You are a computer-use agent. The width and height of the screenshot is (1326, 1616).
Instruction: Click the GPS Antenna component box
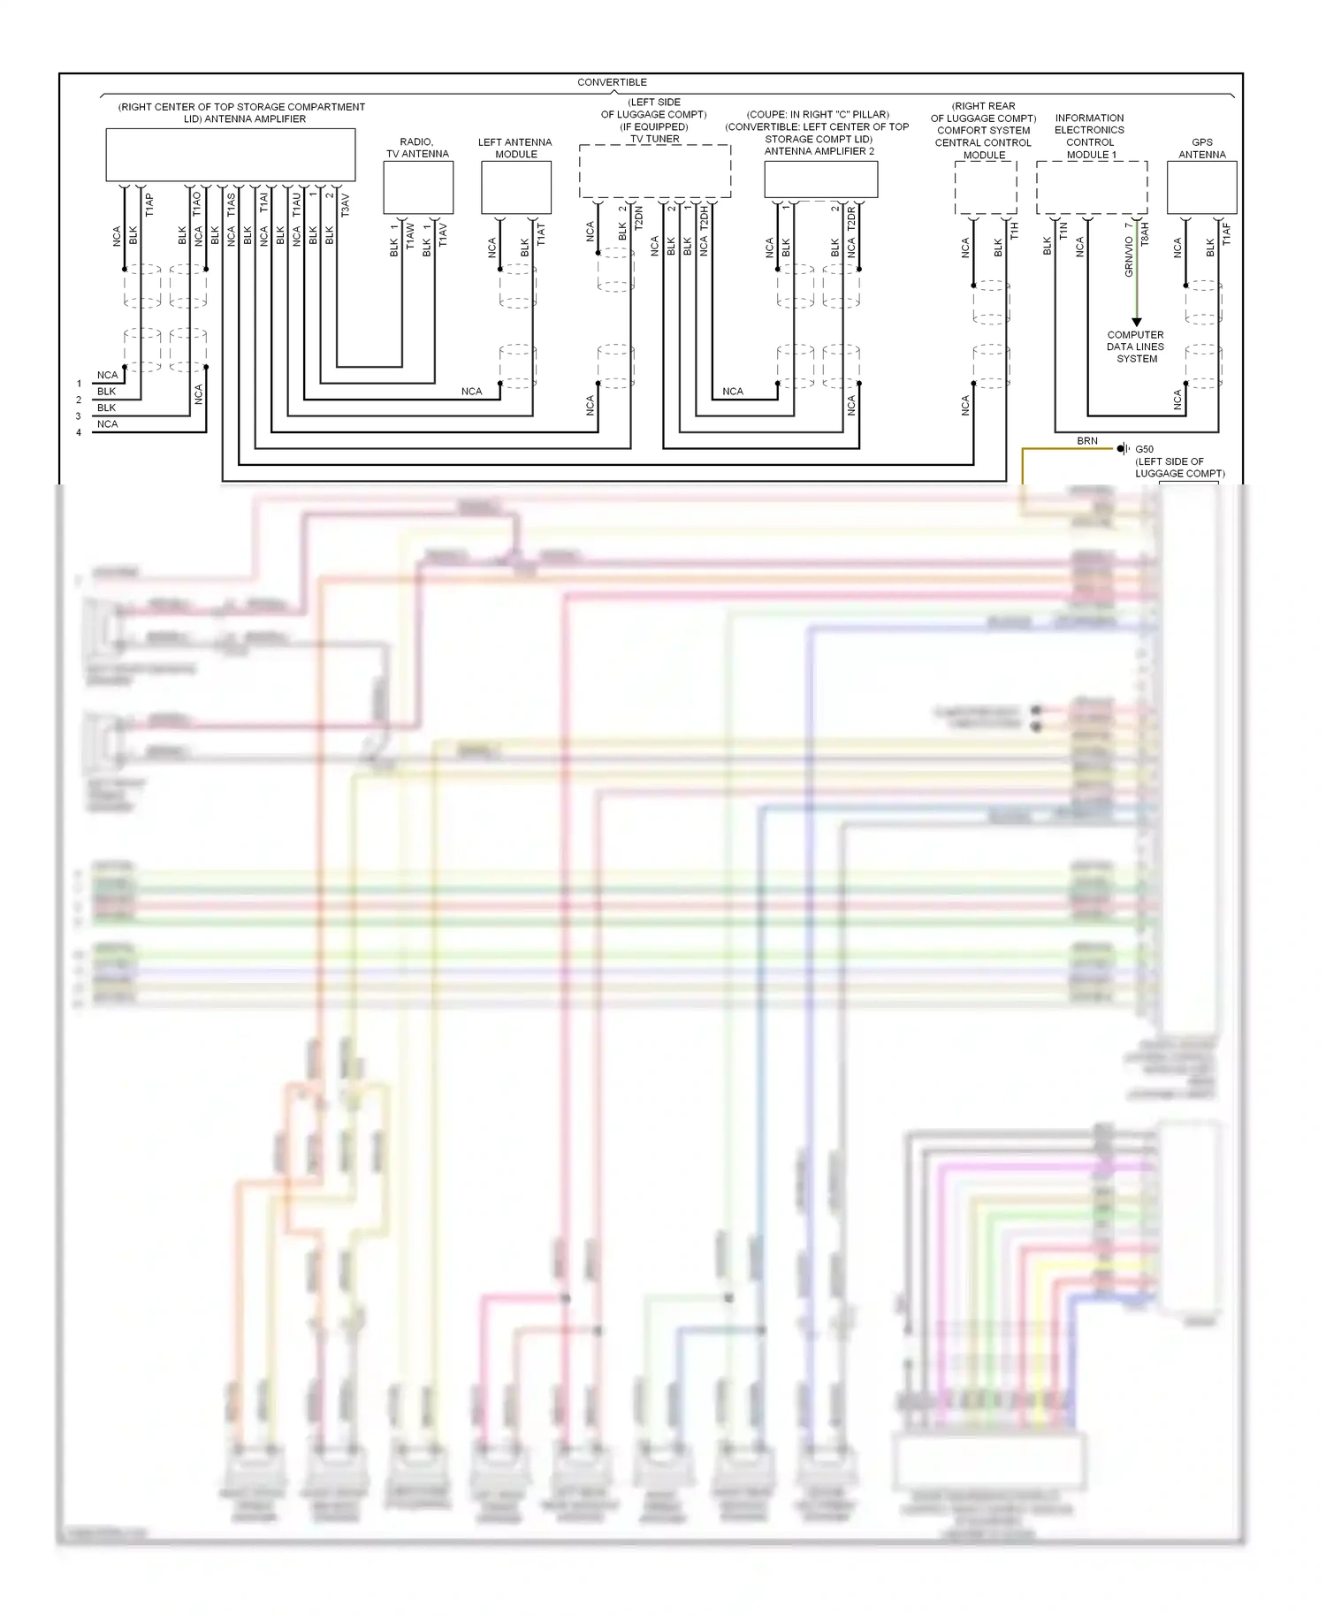coord(1201,187)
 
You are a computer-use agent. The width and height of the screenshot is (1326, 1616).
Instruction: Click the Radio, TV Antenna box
coord(418,187)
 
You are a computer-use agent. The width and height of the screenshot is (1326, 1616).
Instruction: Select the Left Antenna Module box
coord(515,187)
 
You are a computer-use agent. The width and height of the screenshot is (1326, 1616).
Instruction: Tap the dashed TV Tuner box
coord(654,172)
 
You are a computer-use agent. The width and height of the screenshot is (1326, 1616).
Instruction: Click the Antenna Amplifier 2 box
coord(820,179)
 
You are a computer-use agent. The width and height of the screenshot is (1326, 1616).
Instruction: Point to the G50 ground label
coord(1144,449)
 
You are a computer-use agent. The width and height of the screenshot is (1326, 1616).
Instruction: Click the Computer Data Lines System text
coord(1136,347)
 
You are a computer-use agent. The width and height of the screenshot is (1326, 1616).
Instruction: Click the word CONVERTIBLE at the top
coord(612,82)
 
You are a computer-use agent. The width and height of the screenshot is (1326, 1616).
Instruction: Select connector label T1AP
coord(149,205)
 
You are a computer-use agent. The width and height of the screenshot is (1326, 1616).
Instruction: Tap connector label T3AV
coord(345,205)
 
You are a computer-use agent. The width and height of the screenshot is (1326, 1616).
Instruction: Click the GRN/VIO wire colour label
coord(1129,256)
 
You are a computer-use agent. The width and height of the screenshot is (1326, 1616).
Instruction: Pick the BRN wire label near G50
coord(1086,440)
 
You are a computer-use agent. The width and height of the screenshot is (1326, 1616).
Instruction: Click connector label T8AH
coord(1145,233)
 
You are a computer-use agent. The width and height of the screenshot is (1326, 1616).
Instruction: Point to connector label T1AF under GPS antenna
coord(1226,233)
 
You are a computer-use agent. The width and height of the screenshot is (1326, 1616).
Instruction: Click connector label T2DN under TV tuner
coord(638,217)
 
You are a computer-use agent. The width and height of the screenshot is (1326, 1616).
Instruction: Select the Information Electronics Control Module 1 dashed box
coord(1092,187)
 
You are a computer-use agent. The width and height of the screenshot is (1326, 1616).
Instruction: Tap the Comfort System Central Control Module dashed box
coord(985,187)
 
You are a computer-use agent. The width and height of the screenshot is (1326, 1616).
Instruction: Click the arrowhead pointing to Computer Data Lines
coord(1137,323)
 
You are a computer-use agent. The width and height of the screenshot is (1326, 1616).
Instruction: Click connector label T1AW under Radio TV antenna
coord(410,234)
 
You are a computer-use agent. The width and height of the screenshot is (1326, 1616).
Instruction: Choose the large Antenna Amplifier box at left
coord(230,155)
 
